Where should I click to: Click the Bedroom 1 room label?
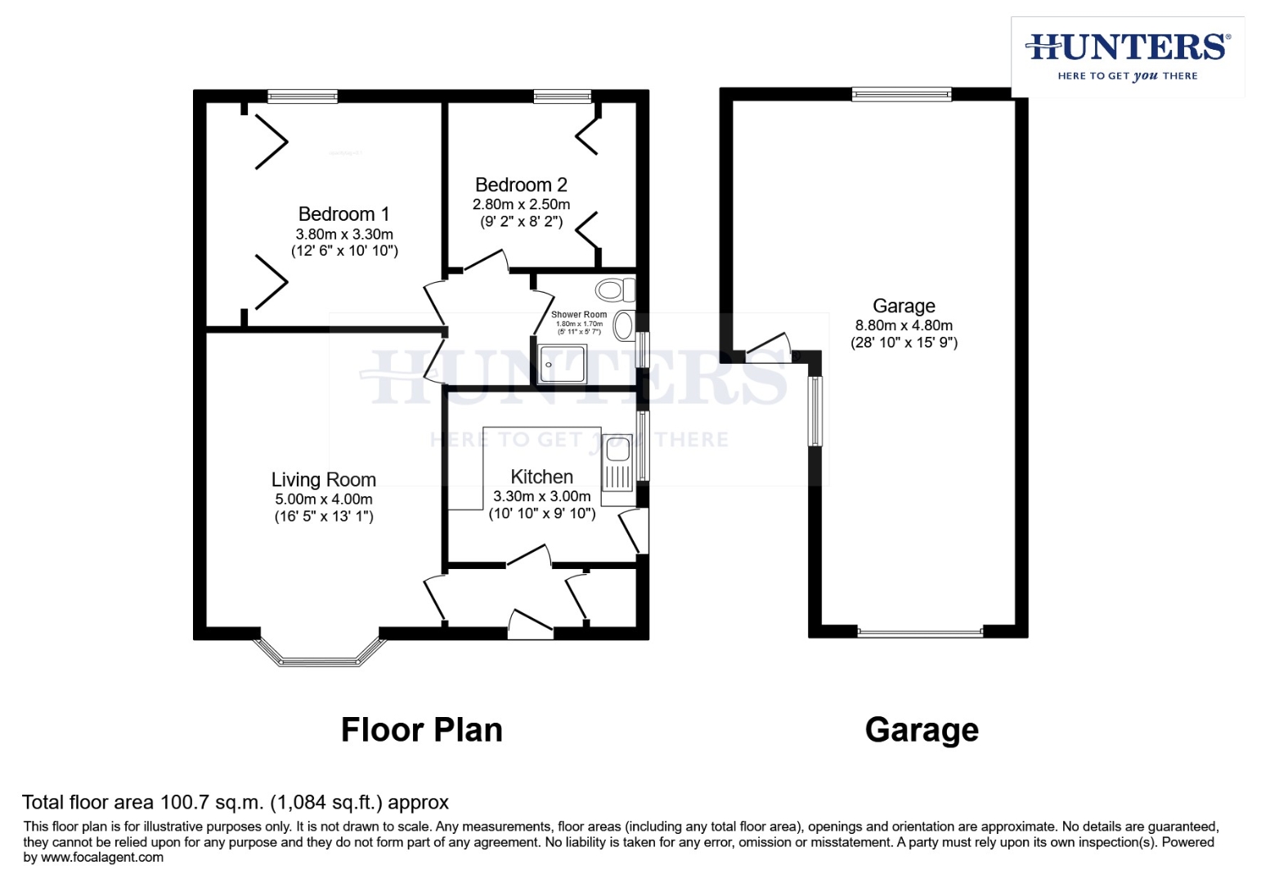coord(343,214)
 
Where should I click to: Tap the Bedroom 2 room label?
coord(521,186)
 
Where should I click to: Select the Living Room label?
coord(324,480)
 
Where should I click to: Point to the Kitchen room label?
coord(541,477)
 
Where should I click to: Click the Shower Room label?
coord(579,315)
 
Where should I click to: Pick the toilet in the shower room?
coord(615,289)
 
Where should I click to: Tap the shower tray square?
coord(563,365)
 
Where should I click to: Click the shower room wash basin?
coord(624,325)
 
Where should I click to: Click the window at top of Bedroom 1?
coord(303,96)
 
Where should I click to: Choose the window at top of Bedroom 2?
coord(563,96)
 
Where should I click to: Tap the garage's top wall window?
coord(901,95)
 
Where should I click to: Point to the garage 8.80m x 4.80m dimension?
coord(904,325)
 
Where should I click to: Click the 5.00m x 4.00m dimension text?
coord(324,500)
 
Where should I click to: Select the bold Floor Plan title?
coord(421,730)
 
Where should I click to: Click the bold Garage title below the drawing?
coord(922,730)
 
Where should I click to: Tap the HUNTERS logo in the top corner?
coord(1128,56)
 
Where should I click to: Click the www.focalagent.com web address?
coord(102,858)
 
